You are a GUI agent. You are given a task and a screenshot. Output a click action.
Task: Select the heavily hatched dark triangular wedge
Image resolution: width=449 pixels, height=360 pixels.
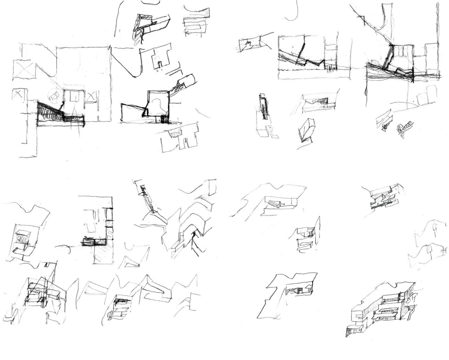click(49, 112)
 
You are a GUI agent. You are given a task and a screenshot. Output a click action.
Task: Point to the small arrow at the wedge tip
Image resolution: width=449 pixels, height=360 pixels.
click(63, 102)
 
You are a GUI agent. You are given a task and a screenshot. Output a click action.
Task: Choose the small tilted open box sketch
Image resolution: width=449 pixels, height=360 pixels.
click(307, 130)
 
